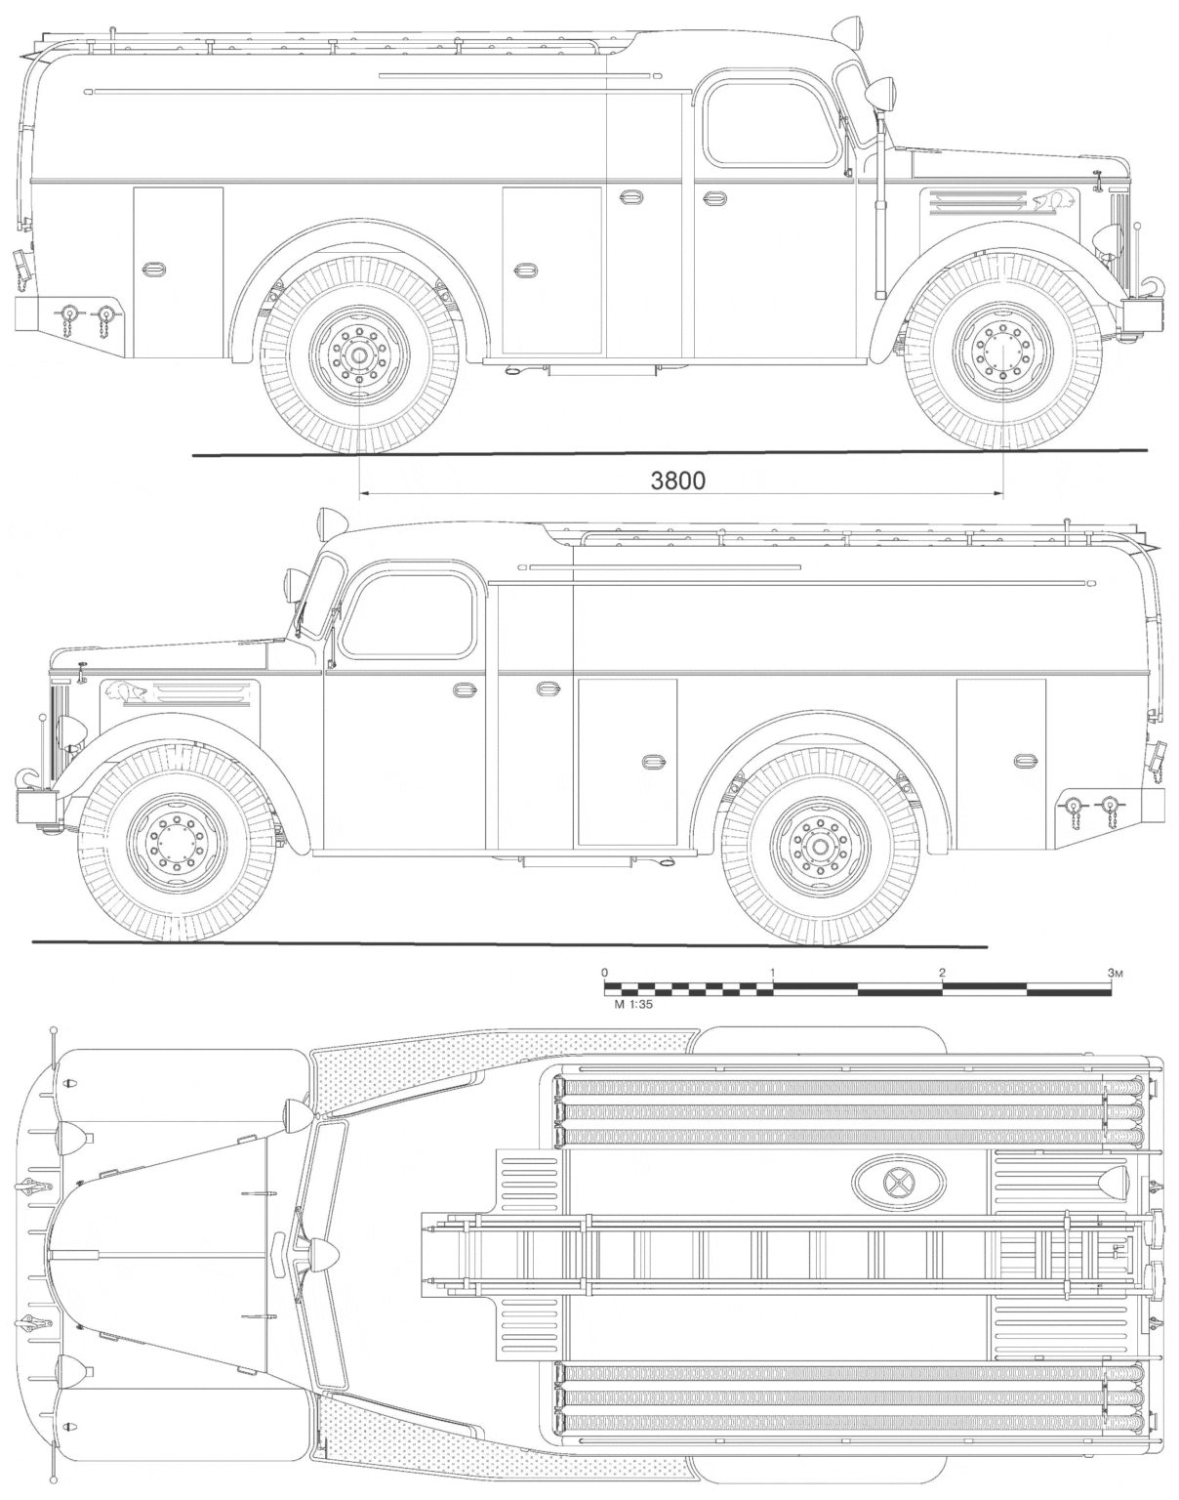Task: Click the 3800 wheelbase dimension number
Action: (677, 480)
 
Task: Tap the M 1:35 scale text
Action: (633, 1005)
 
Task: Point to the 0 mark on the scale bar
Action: (604, 973)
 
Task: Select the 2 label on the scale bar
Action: (942, 973)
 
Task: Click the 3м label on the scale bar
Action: (1114, 973)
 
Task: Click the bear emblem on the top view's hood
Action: (1053, 201)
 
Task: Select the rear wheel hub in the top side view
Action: (358, 355)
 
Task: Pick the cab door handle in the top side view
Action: (714, 197)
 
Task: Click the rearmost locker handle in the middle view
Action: (1024, 760)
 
